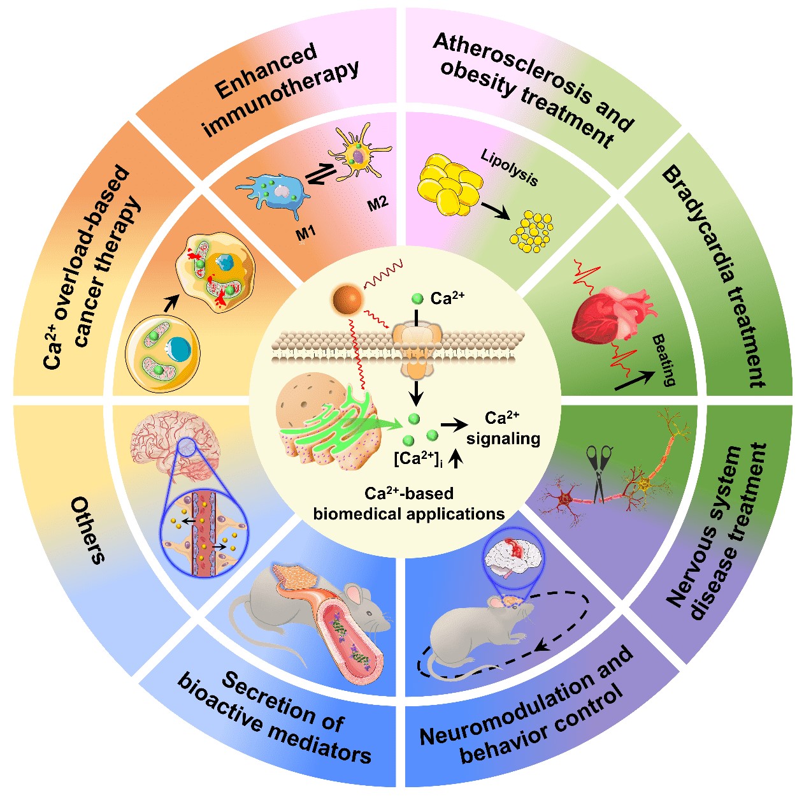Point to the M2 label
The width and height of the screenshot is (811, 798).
(x=378, y=204)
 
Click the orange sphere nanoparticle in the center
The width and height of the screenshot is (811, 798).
(x=347, y=300)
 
